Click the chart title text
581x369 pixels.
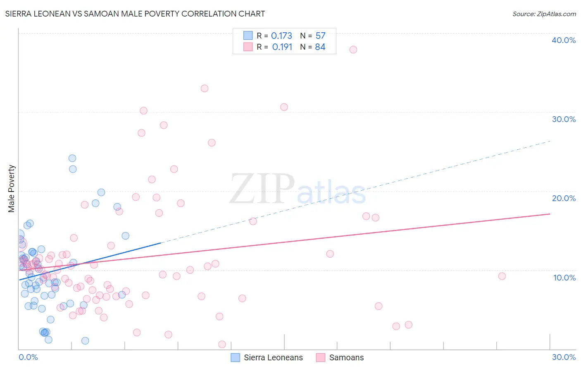pyautogui.click(x=135, y=14)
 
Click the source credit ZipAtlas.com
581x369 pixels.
pyautogui.click(x=544, y=14)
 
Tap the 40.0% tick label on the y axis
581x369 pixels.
pyautogui.click(x=564, y=40)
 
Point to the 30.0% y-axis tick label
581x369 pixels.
pyautogui.click(x=564, y=119)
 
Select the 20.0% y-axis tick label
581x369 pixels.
pyautogui.click(x=564, y=198)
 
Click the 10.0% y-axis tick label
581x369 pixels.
pyautogui.click(x=564, y=278)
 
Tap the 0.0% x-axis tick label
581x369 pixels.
pyautogui.click(x=28, y=357)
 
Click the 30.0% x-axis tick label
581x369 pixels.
pyautogui.click(x=564, y=357)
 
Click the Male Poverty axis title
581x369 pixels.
pyautogui.click(x=12, y=189)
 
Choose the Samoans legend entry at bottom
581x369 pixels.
pyautogui.click(x=346, y=358)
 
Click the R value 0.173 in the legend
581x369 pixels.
pyautogui.click(x=281, y=36)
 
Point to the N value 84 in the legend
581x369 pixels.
pyautogui.click(x=320, y=47)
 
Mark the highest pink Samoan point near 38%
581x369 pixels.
pyautogui.click(x=353, y=50)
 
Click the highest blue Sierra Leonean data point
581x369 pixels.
pyautogui.click(x=72, y=158)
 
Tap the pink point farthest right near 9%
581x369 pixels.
pyautogui.click(x=502, y=276)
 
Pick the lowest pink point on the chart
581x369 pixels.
pyautogui.click(x=222, y=344)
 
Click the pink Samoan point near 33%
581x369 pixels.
pyautogui.click(x=205, y=88)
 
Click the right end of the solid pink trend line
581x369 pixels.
pyautogui.click(x=550, y=214)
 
